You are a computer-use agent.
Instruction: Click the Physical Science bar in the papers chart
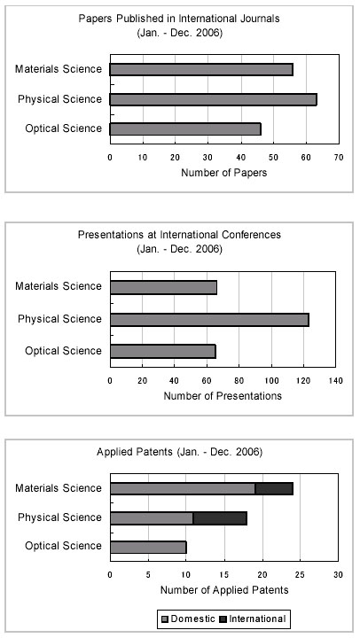click(x=213, y=99)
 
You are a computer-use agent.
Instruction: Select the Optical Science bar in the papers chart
click(x=185, y=129)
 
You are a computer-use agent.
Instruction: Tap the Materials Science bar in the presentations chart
click(x=163, y=287)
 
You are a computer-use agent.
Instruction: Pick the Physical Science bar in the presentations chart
click(x=209, y=320)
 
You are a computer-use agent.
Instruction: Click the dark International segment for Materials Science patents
click(x=274, y=488)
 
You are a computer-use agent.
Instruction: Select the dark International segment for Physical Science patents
click(x=220, y=518)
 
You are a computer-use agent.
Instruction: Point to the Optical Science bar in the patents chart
click(x=148, y=548)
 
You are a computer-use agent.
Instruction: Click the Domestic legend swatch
click(x=165, y=619)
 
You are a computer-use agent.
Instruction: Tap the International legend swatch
click(x=223, y=619)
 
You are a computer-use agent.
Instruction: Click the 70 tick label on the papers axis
click(x=339, y=158)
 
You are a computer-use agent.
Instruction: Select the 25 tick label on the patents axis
click(x=300, y=575)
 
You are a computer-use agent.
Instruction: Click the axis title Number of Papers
click(x=224, y=173)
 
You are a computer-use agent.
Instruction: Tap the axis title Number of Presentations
click(x=223, y=396)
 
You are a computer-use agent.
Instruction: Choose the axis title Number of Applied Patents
click(x=224, y=590)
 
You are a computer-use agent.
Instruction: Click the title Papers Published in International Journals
click(x=179, y=19)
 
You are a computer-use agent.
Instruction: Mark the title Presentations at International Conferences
click(x=179, y=235)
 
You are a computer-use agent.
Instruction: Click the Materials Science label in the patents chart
click(x=59, y=488)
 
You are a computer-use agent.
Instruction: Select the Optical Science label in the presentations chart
click(x=63, y=351)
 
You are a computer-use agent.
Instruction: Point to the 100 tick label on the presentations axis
click(x=271, y=381)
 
